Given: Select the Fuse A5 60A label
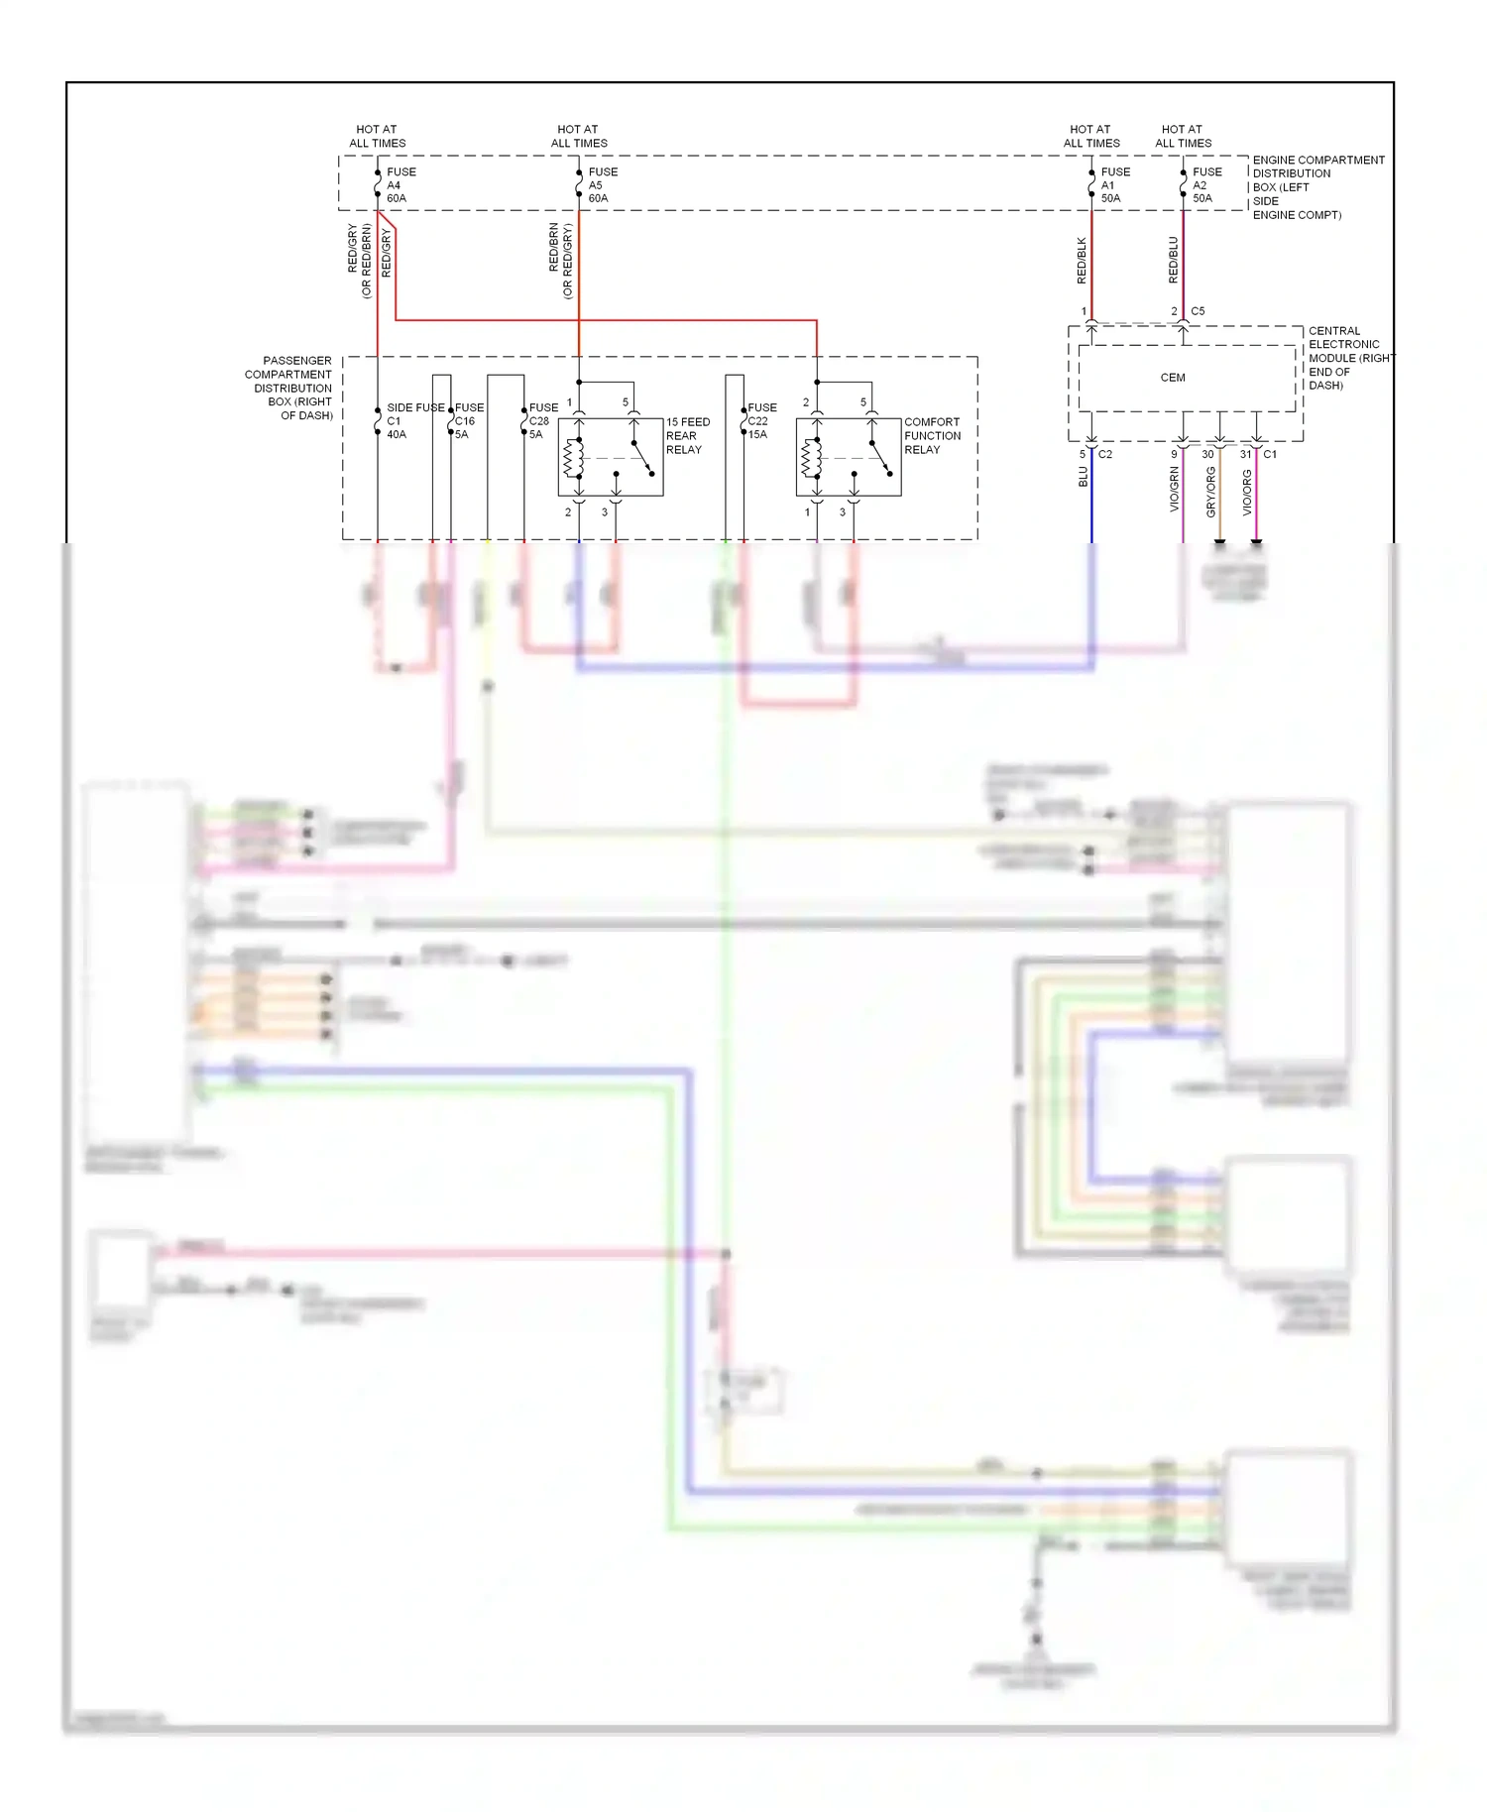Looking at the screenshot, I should (601, 185).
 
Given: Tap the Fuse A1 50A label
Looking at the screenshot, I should (1113, 185).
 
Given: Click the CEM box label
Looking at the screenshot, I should (1173, 378).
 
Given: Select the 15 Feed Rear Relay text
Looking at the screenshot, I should (687, 436).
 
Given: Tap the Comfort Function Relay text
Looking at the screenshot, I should (932, 436).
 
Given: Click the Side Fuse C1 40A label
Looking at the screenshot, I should (412, 421).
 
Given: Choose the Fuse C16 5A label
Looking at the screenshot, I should (468, 421).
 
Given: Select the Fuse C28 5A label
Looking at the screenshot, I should (541, 421).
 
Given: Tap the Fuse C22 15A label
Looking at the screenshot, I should (760, 421).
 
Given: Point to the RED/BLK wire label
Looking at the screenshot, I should (1082, 261).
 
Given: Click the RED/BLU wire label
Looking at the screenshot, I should (1174, 261).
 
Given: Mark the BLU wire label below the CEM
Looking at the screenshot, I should (1084, 477).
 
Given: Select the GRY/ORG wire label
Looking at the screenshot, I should (1210, 492).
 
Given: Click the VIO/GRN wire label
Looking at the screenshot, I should (1175, 490).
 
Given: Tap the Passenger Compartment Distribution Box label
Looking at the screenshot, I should (288, 389).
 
